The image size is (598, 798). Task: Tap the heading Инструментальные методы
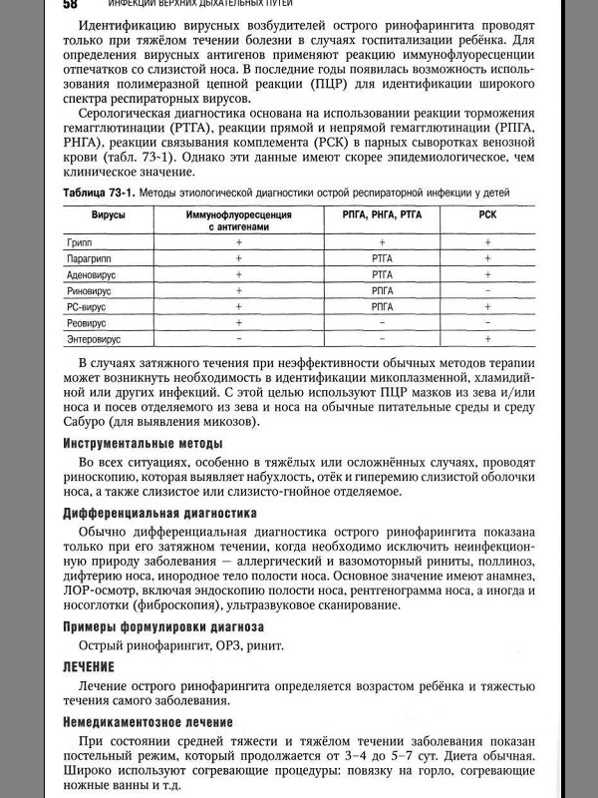click(143, 443)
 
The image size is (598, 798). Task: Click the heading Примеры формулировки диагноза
click(163, 626)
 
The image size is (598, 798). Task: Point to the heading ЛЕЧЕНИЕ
click(89, 665)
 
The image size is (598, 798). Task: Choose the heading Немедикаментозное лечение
click(148, 721)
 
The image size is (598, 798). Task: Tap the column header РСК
click(487, 214)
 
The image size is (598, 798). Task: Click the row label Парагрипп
click(87, 257)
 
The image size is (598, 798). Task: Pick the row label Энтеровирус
click(93, 340)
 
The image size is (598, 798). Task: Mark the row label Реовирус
click(86, 323)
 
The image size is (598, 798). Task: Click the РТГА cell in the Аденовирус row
click(383, 273)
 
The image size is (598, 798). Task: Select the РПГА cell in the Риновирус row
click(383, 290)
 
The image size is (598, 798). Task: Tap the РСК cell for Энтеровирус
click(487, 340)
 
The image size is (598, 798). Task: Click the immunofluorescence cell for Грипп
click(239, 241)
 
